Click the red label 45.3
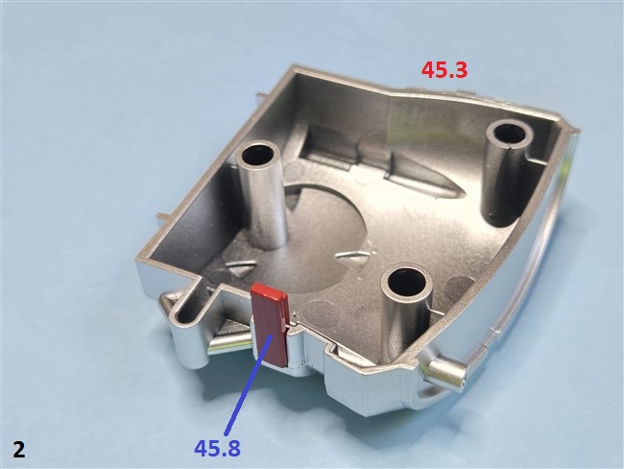click(444, 70)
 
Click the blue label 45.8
click(217, 448)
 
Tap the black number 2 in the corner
click(19, 450)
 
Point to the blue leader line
click(249, 384)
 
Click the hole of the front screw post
click(406, 284)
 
